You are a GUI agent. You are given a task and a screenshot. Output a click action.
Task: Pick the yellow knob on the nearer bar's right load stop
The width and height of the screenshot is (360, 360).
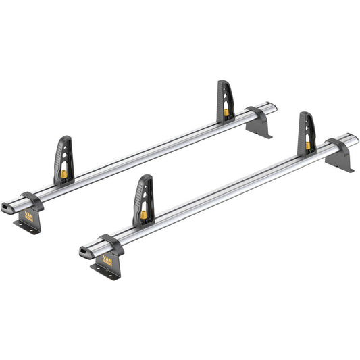point(308,145)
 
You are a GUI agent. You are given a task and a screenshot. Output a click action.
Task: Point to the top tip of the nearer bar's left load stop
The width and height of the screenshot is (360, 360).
point(144,177)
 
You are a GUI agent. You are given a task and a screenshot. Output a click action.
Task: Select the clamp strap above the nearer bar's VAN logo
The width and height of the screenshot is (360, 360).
point(111,240)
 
